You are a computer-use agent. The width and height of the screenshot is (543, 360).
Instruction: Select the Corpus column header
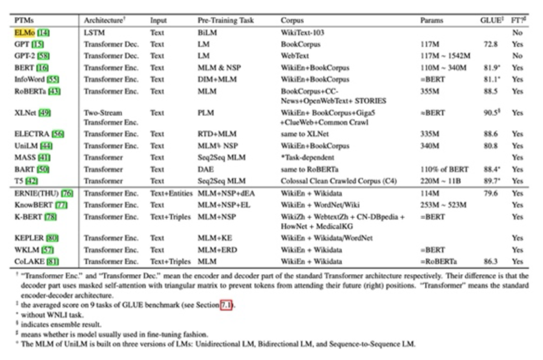click(292, 21)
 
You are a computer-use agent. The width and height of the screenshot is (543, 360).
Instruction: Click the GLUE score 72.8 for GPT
click(490, 44)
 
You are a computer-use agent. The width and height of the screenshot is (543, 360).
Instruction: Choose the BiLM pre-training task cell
click(207, 33)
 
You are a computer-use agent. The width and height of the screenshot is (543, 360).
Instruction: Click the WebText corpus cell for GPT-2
click(295, 56)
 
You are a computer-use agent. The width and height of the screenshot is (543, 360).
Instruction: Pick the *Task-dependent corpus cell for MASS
click(307, 157)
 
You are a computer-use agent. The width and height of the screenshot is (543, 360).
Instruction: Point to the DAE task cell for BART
click(205, 169)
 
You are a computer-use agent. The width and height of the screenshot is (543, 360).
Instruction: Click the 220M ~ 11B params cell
click(440, 181)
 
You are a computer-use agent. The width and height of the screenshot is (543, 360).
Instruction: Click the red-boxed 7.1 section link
click(226, 305)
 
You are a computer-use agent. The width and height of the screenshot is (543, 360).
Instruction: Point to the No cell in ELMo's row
click(517, 33)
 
